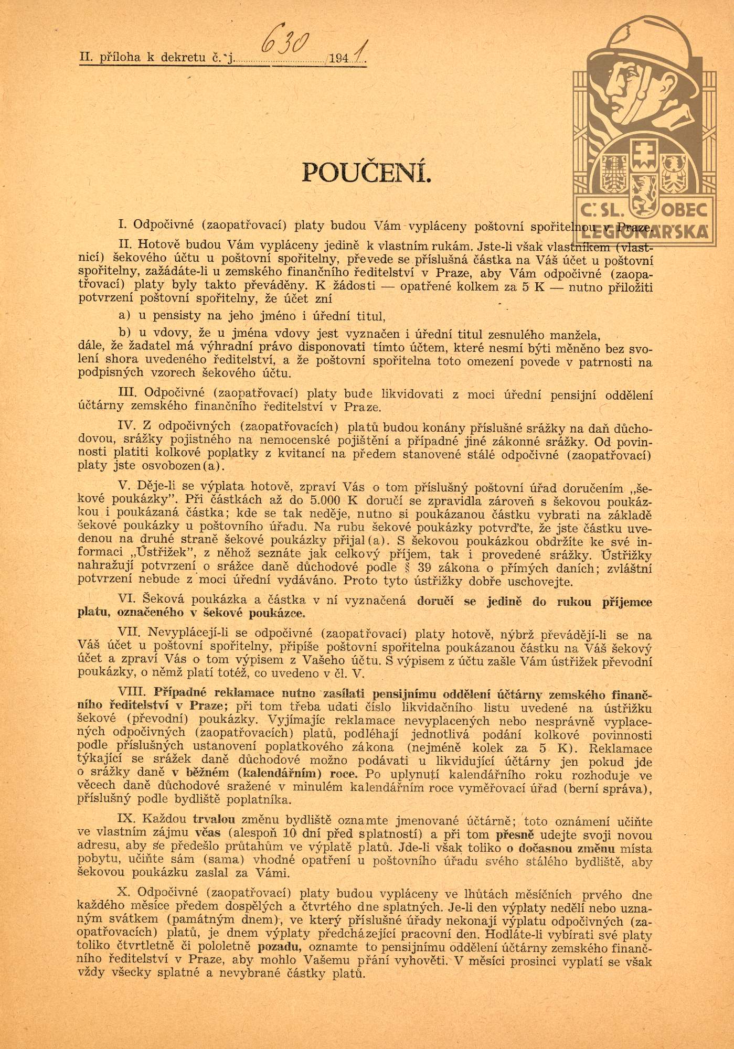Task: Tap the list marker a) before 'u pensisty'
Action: point(124,316)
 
